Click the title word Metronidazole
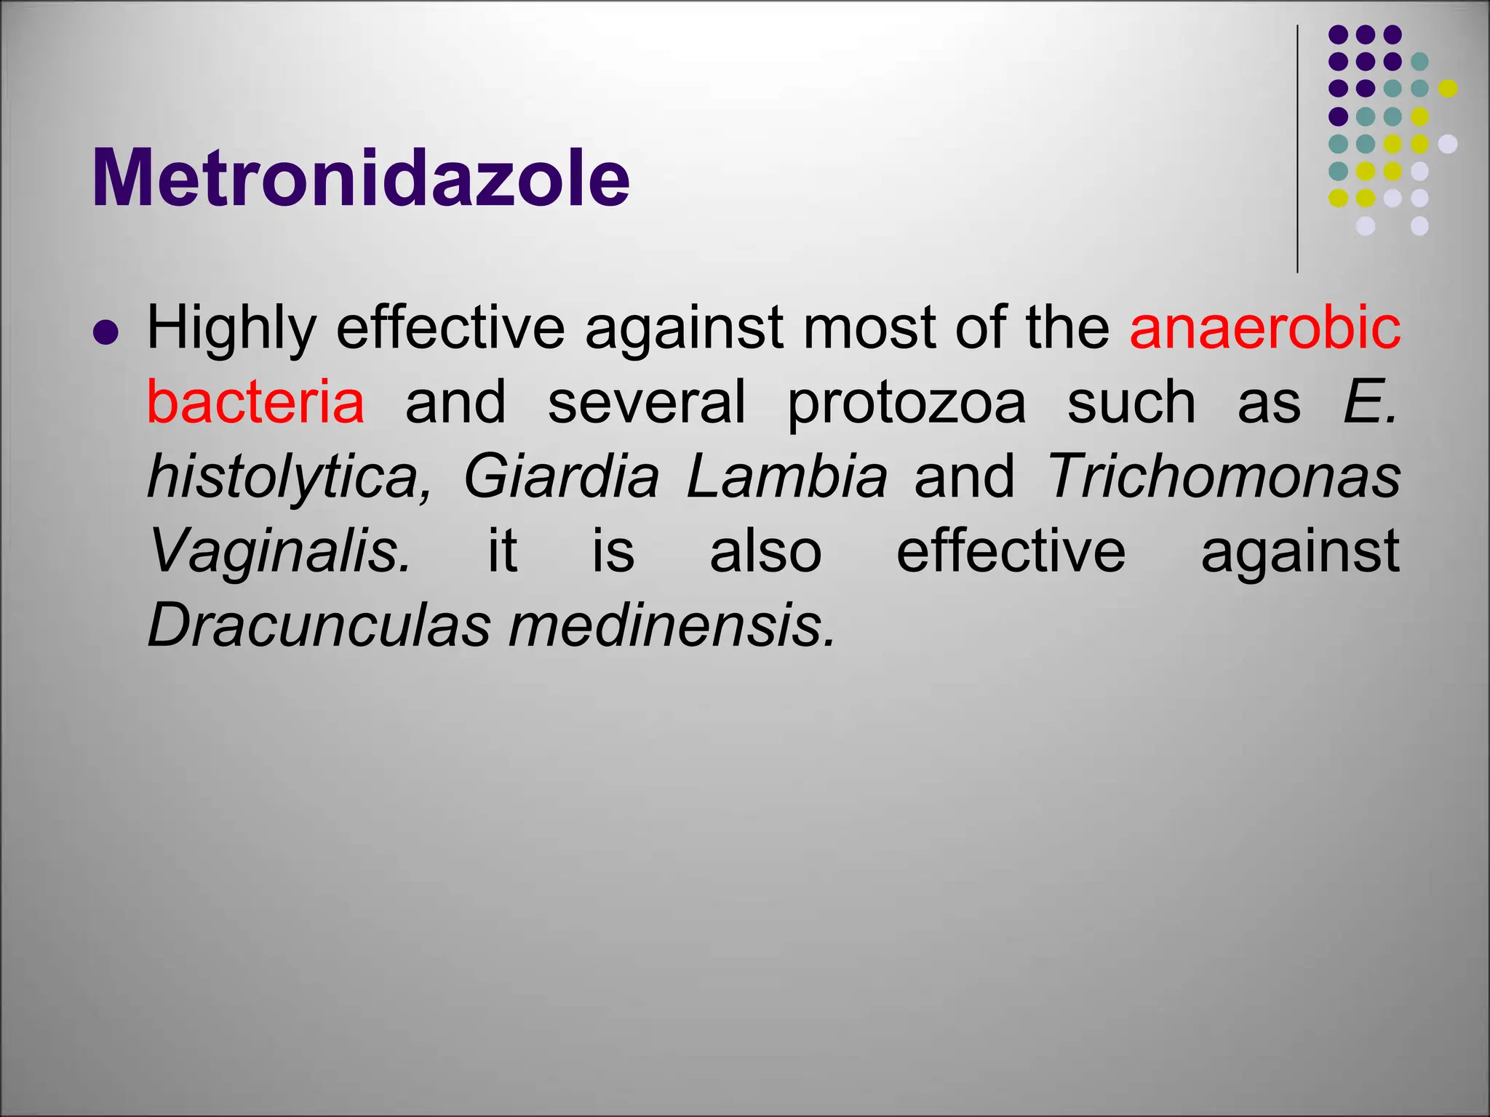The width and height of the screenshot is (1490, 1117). pos(360,178)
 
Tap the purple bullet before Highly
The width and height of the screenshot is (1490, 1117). pos(106,333)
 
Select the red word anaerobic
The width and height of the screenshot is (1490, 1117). pos(1264,327)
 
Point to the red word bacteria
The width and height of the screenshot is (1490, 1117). pos(255,402)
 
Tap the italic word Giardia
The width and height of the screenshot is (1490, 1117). pos(561,477)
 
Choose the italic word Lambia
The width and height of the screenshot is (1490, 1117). pos(786,476)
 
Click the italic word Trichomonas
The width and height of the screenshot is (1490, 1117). pos(1223,476)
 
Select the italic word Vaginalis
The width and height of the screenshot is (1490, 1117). pos(279,551)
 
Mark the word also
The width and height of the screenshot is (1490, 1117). pos(765,551)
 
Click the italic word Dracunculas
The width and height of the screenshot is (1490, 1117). pos(319,625)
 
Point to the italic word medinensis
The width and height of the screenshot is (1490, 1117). pos(672,625)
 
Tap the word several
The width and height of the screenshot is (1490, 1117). pos(646,402)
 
